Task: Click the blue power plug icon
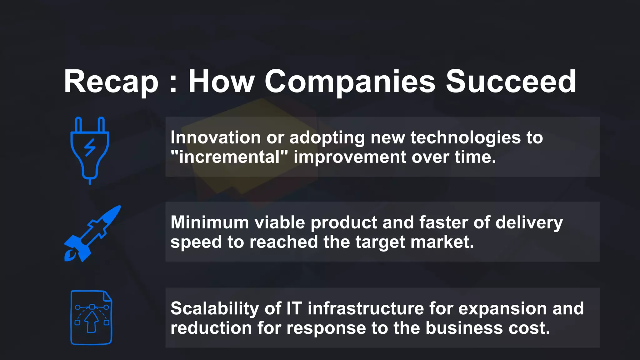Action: pyautogui.click(x=90, y=150)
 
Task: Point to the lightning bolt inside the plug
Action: pyautogui.click(x=90, y=147)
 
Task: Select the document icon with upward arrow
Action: pyautogui.click(x=91, y=317)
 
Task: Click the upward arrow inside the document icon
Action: pyautogui.click(x=92, y=322)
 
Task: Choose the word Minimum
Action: pyautogui.click(x=210, y=222)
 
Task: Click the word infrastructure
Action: pyautogui.click(x=366, y=309)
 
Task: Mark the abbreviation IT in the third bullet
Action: pyautogui.click(x=294, y=309)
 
